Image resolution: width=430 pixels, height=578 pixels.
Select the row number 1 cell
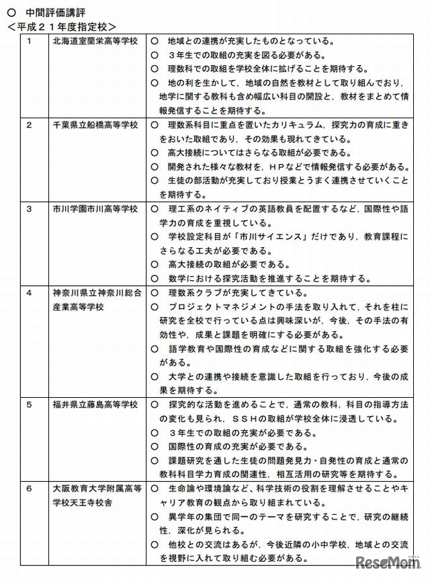pos(30,42)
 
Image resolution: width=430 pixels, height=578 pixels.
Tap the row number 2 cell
pos(30,126)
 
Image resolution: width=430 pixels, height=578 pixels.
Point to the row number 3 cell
pos(30,209)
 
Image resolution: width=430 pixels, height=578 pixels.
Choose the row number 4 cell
pos(30,293)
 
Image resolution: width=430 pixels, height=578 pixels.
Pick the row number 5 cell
pos(30,405)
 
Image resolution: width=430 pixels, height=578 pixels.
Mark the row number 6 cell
pos(30,489)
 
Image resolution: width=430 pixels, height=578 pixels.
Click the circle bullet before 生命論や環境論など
pos(154,489)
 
